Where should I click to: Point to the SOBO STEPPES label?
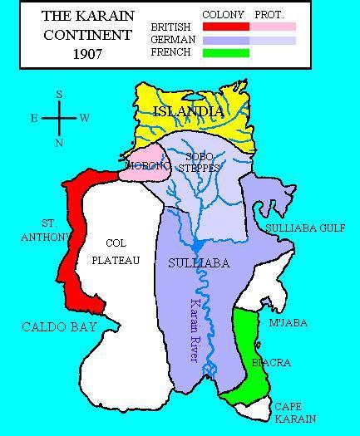click(x=203, y=162)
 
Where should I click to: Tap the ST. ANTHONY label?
click(x=37, y=230)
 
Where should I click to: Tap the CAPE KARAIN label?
click(x=295, y=413)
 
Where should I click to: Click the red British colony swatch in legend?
click(x=226, y=27)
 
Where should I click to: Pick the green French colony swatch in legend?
click(x=226, y=53)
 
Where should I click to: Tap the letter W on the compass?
click(x=85, y=118)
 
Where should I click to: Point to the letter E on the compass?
click(x=34, y=118)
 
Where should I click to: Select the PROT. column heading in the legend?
click(x=270, y=15)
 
